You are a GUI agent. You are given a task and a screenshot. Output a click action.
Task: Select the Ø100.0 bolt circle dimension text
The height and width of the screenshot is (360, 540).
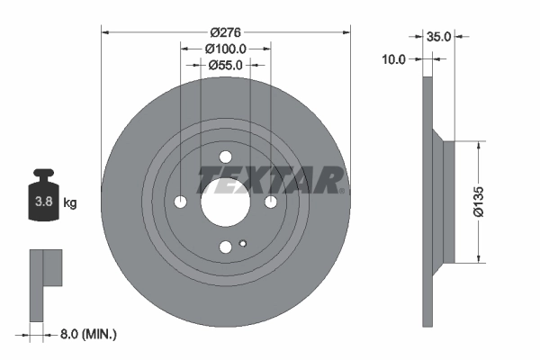[x=225, y=49]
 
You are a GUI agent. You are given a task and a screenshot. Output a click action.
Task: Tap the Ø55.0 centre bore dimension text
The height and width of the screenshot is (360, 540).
[x=225, y=65]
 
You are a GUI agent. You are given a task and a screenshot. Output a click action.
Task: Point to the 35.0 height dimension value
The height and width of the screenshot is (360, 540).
[x=438, y=38]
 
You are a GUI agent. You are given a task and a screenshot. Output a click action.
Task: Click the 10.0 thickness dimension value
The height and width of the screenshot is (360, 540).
[x=394, y=58]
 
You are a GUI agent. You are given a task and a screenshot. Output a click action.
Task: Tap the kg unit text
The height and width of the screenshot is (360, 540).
[x=70, y=203]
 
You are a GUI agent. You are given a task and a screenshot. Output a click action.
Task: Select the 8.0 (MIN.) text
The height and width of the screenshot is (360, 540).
[x=86, y=334]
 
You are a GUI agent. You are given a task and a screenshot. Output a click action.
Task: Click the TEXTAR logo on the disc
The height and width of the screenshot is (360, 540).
[x=271, y=179]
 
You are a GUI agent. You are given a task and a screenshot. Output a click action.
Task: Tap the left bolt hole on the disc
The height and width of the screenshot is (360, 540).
[x=181, y=201]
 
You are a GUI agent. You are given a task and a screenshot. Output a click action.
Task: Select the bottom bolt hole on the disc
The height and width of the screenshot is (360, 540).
[x=225, y=247]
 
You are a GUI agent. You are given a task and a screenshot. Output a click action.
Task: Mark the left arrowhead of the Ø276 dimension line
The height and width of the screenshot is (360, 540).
[x=105, y=32]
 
